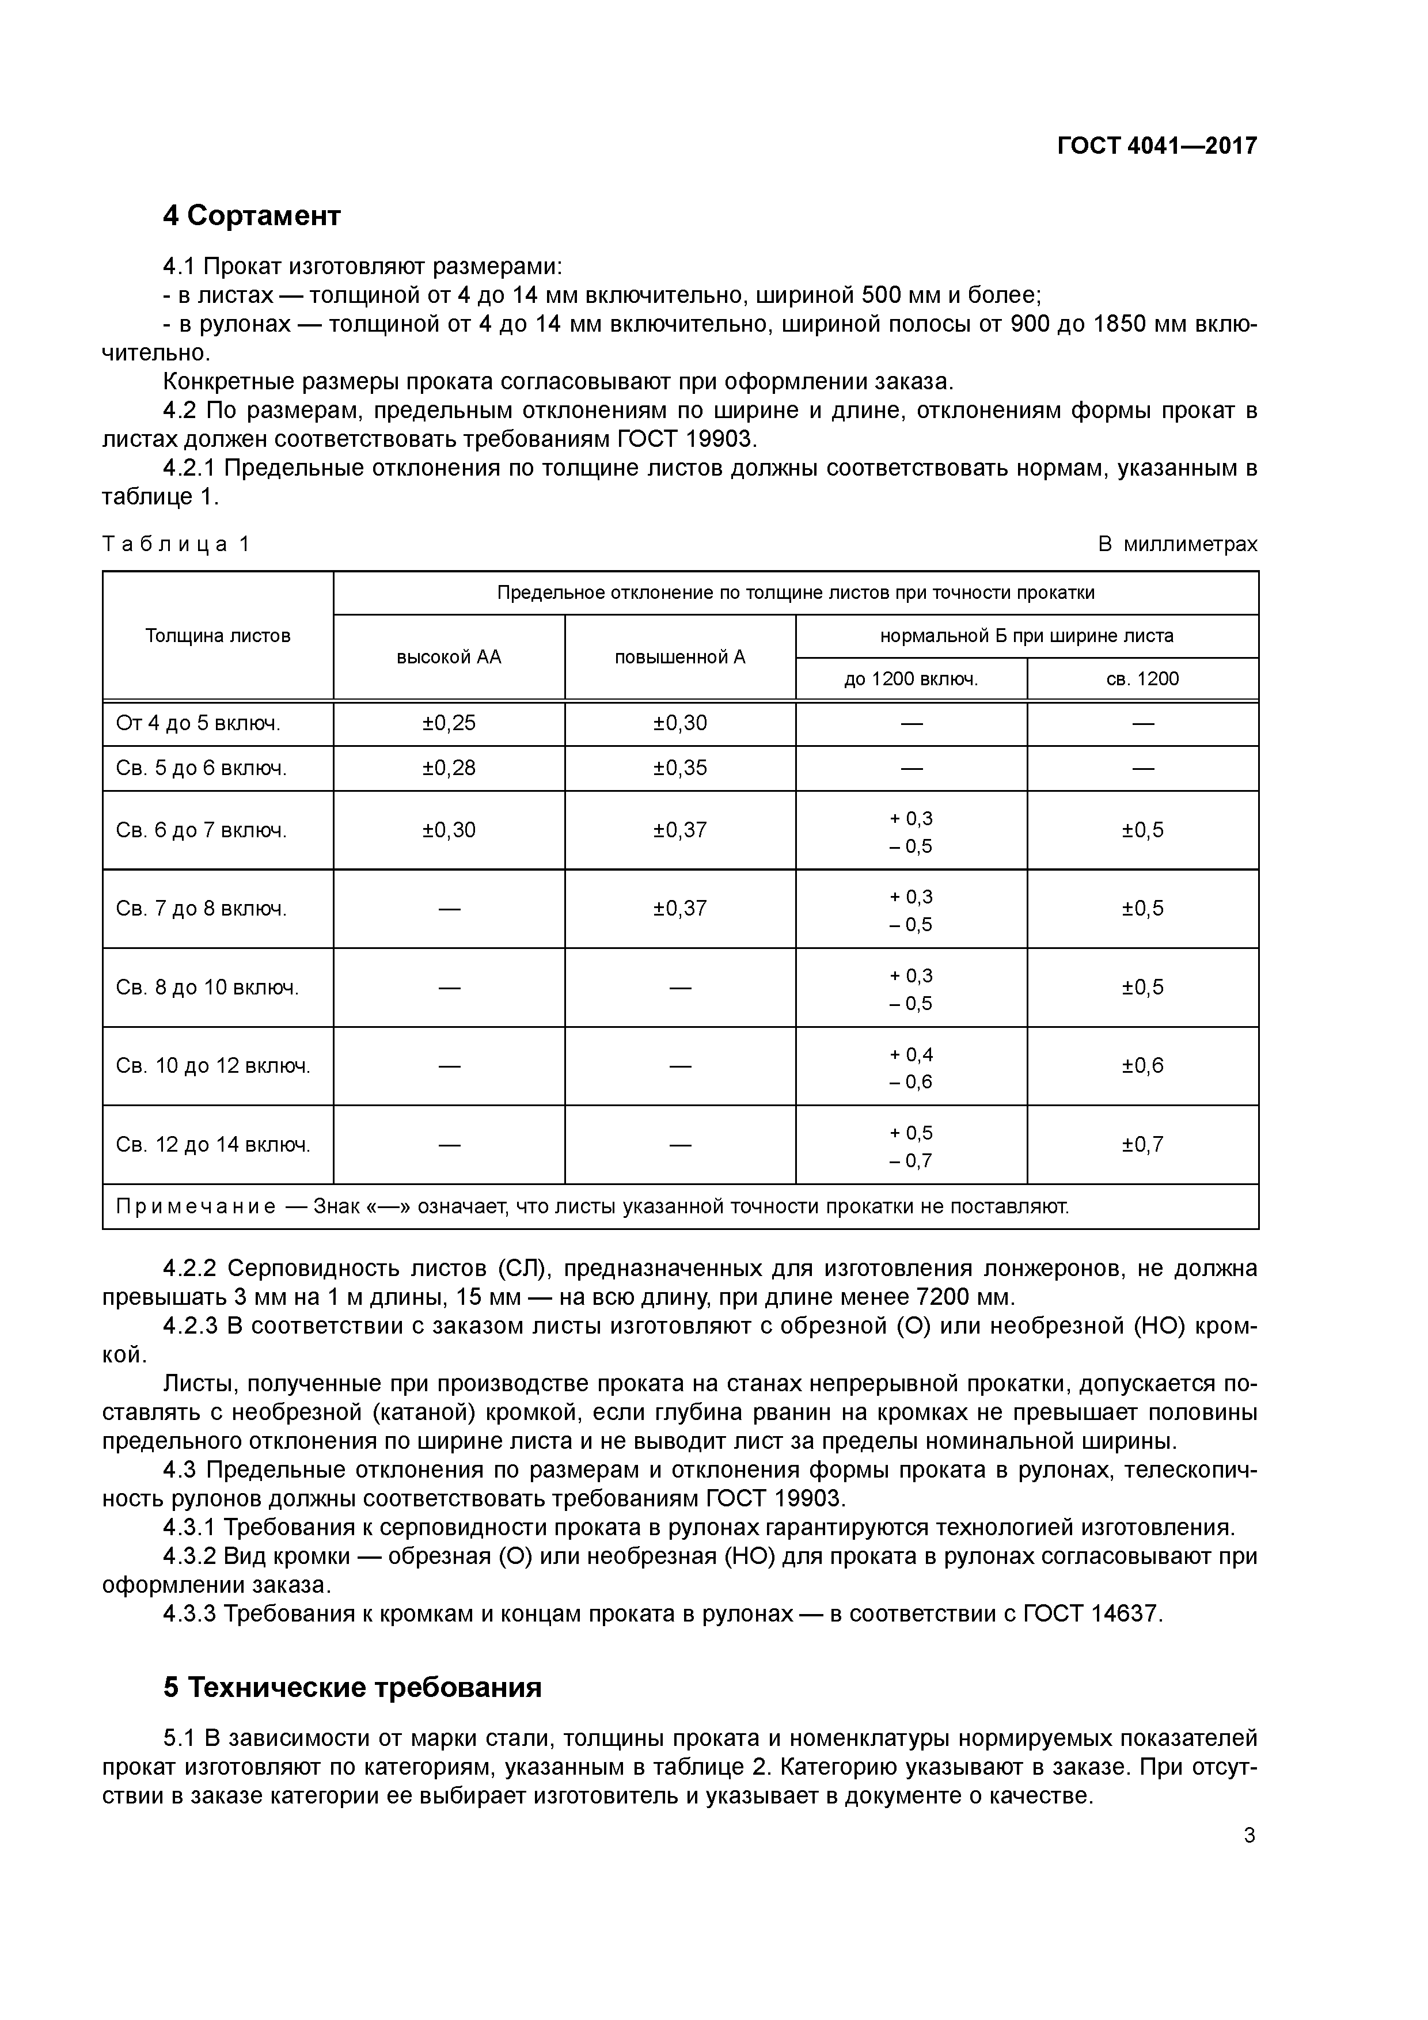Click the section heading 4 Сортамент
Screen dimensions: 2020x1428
tap(252, 215)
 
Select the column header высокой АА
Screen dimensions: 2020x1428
tap(449, 657)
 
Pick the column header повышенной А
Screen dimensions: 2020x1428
tap(679, 657)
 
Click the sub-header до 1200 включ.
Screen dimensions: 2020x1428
tap(911, 679)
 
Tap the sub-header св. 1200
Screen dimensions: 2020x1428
tap(1142, 679)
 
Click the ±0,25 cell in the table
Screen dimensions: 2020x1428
tap(449, 723)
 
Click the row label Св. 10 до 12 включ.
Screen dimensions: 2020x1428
tap(213, 1066)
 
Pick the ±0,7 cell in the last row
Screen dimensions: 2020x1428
tap(1142, 1145)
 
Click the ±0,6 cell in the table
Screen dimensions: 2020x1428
tap(1142, 1066)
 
